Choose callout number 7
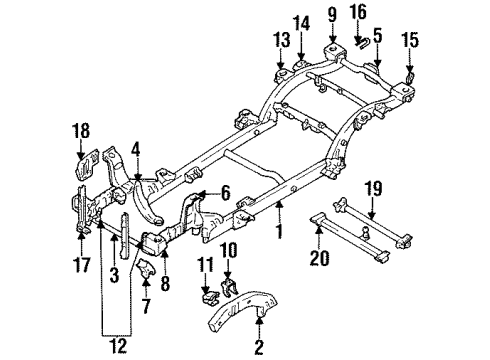click(147, 301)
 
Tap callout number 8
click(166, 284)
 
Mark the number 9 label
click(331, 15)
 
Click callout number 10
click(227, 250)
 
